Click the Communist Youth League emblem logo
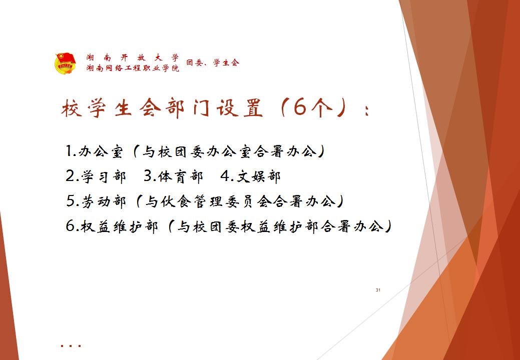[66, 63]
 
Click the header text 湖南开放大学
[133, 57]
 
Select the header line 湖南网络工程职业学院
[133, 68]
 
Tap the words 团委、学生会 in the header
[213, 62]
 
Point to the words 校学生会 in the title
[111, 108]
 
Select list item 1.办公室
[95, 151]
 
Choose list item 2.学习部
[96, 176]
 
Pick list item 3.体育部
[173, 176]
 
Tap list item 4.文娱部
[250, 176]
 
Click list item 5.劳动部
[96, 201]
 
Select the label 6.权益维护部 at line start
[112, 226]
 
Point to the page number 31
[378, 290]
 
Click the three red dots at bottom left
[71, 346]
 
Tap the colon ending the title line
[366, 110]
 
